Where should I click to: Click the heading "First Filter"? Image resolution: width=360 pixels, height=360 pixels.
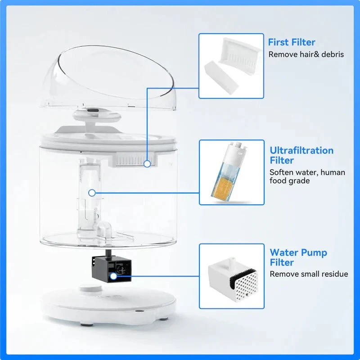(292, 42)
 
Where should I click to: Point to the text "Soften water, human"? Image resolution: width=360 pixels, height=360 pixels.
(307, 172)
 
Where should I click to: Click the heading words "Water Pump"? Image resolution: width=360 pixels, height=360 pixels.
(298, 252)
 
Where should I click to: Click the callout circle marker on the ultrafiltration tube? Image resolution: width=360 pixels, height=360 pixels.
(92, 193)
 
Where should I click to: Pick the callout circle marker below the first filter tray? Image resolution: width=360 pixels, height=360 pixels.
(147, 164)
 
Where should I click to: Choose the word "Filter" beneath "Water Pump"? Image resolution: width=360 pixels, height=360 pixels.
(282, 262)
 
